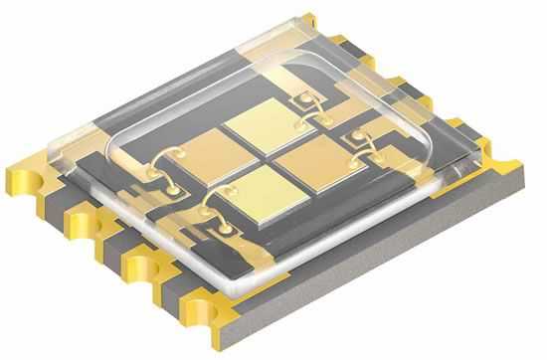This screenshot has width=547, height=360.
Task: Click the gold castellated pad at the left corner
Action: [x=30, y=168]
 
